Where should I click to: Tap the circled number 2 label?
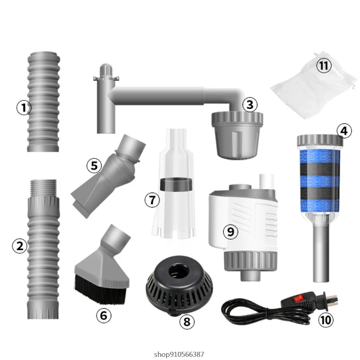point(20,246)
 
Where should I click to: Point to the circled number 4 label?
point(343,131)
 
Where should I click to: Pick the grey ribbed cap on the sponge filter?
point(320,142)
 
